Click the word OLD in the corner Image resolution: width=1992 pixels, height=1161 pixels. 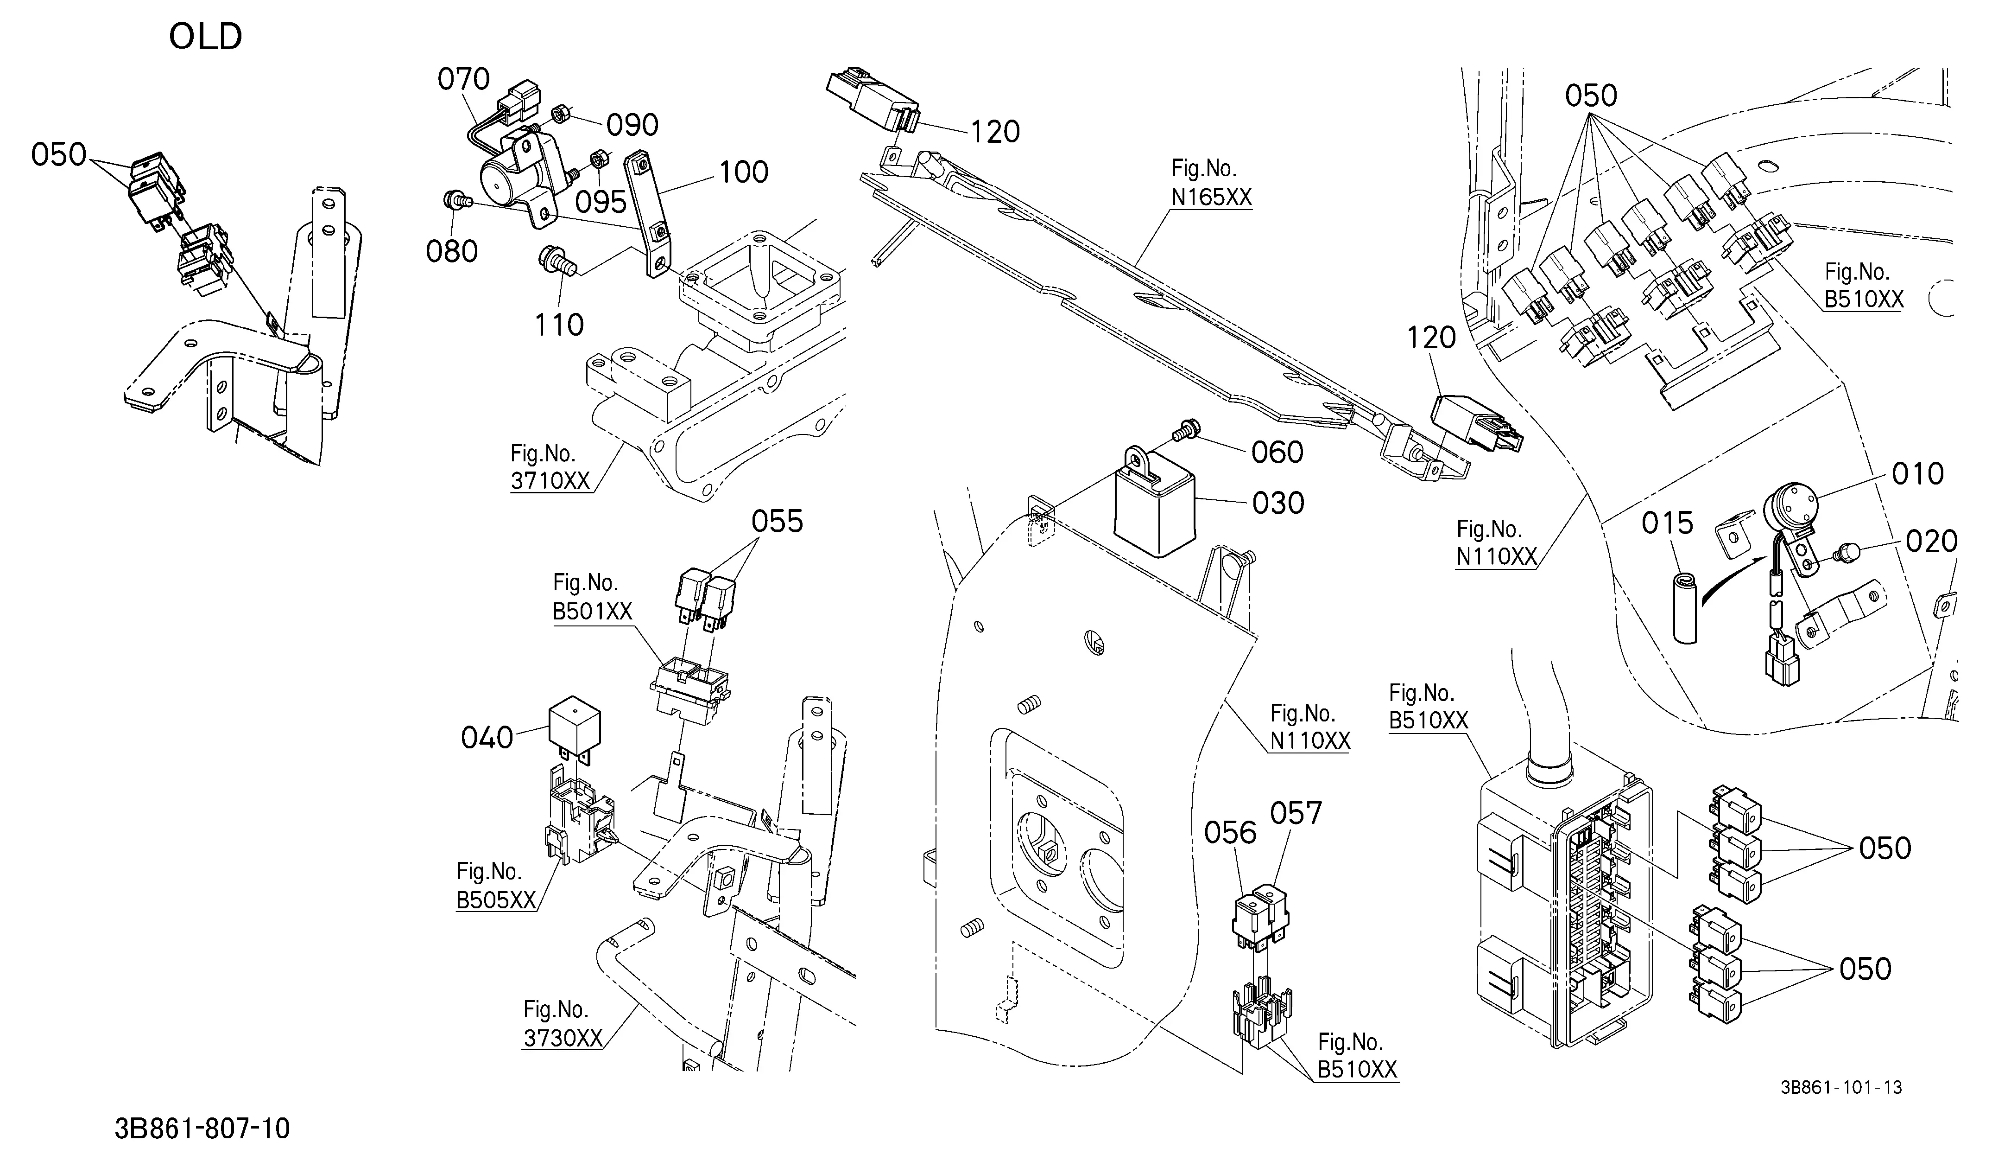pyautogui.click(x=206, y=36)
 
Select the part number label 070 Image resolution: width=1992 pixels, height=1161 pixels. pyautogui.click(x=464, y=79)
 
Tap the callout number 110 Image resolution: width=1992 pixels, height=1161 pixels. pyautogui.click(x=559, y=324)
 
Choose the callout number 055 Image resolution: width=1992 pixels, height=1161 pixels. pyautogui.click(x=777, y=521)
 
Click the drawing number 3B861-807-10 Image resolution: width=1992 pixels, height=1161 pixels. pyautogui.click(x=202, y=1129)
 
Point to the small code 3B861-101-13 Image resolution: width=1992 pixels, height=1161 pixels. pyautogui.click(x=1841, y=1087)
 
